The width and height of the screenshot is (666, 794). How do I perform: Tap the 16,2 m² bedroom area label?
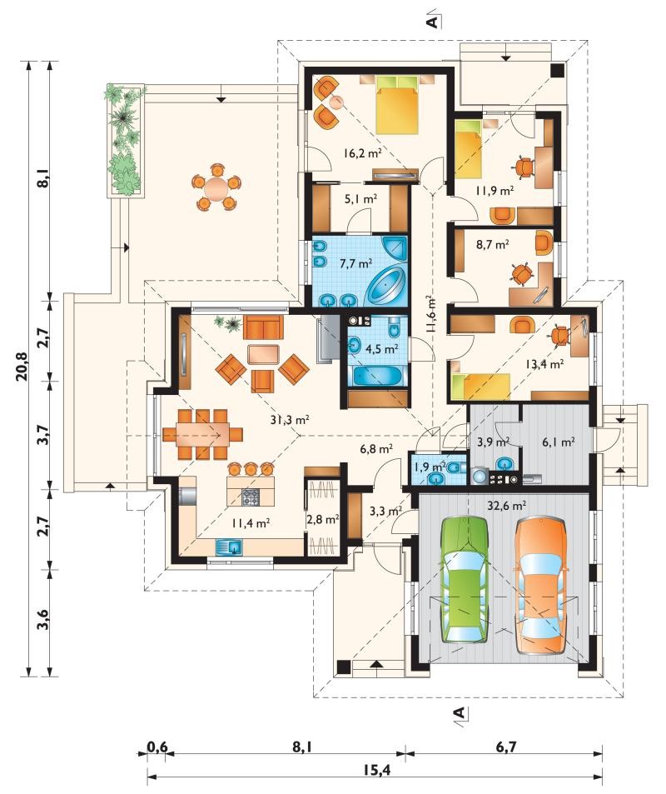[362, 152]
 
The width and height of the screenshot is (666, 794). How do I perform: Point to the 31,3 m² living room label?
[291, 419]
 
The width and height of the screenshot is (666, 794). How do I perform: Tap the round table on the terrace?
[216, 187]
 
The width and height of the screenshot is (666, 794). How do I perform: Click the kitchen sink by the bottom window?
[229, 547]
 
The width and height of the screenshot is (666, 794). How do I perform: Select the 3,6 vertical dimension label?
[43, 620]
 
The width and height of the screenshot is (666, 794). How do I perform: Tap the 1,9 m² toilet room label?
[430, 467]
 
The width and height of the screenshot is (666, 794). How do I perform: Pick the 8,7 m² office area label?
[492, 245]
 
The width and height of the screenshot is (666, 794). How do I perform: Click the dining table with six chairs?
[202, 434]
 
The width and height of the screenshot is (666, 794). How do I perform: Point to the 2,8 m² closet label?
[323, 519]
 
